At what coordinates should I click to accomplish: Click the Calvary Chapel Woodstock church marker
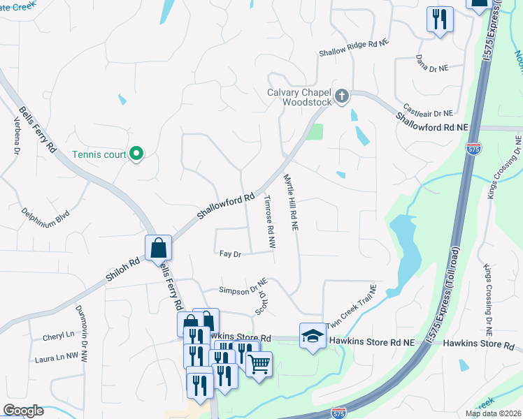[x=342, y=96]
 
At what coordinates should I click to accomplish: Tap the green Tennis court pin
[x=137, y=153]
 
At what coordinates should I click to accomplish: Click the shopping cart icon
[x=259, y=364]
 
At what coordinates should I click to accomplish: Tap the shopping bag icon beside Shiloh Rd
[x=159, y=247]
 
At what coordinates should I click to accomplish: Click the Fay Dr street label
[x=230, y=255]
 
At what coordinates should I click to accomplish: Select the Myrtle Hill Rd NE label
[x=291, y=203]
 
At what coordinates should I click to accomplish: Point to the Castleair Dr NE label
[x=428, y=112]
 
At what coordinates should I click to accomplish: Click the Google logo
[x=23, y=411]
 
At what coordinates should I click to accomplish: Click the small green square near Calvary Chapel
[x=315, y=131]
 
